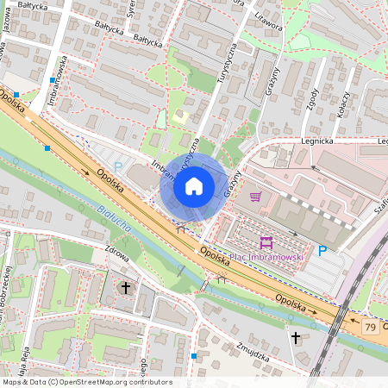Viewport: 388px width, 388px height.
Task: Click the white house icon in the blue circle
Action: [194, 186]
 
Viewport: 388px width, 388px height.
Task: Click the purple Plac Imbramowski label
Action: [267, 256]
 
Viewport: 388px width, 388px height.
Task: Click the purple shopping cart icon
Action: [255, 197]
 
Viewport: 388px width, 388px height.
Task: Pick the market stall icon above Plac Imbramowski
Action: [266, 241]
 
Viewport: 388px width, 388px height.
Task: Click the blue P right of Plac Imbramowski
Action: [322, 251]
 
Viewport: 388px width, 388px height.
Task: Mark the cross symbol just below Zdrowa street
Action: [126, 286]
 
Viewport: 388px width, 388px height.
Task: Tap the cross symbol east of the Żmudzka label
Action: [296, 337]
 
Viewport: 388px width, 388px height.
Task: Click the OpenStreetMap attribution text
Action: [86, 382]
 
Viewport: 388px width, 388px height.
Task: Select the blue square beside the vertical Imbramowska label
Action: [53, 80]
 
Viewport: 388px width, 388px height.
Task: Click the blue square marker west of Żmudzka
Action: [194, 355]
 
